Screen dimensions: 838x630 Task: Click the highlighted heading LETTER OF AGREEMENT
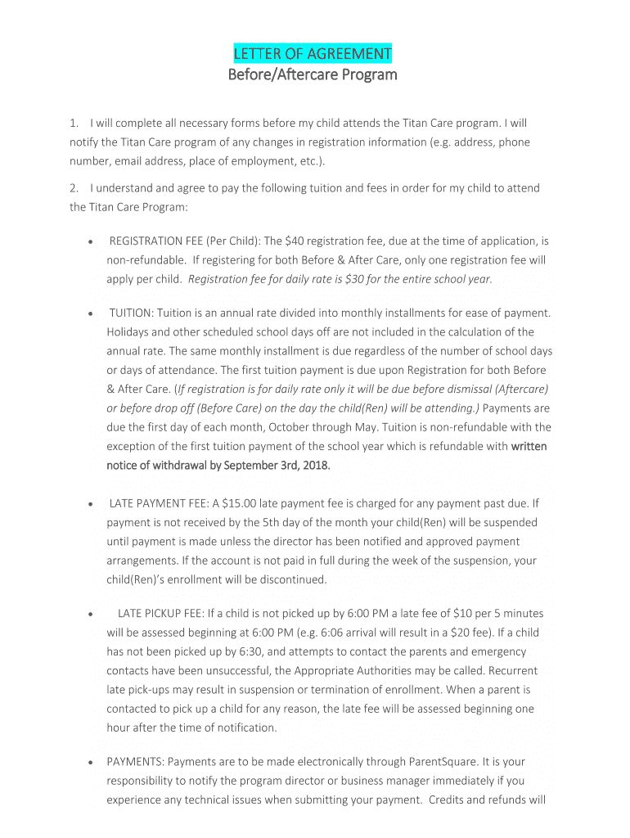pyautogui.click(x=312, y=54)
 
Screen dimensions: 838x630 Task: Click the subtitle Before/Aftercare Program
pyautogui.click(x=312, y=75)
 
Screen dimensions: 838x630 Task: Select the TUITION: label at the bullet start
pyautogui.click(x=132, y=313)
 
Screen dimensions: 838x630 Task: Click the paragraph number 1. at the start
pyautogui.click(x=74, y=123)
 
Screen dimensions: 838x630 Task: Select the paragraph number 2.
pyautogui.click(x=74, y=187)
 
